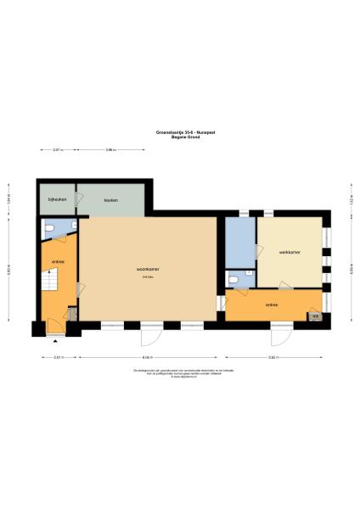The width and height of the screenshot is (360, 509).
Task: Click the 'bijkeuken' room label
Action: (56, 200)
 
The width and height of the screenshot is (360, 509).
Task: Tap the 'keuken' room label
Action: (110, 200)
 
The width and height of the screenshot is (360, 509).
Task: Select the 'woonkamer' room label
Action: (148, 271)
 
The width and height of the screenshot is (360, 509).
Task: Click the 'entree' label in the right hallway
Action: (272, 304)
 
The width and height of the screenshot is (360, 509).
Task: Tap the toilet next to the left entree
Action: (51, 228)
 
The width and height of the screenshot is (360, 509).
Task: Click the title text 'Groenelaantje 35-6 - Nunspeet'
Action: (180, 131)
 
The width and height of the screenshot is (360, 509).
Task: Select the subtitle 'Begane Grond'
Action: (180, 136)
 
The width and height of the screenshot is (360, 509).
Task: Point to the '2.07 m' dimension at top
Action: (57, 150)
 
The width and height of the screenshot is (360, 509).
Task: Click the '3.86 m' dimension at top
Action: (110, 150)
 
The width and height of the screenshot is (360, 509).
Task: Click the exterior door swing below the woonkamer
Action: (151, 335)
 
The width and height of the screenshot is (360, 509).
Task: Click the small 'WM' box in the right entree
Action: (315, 316)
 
